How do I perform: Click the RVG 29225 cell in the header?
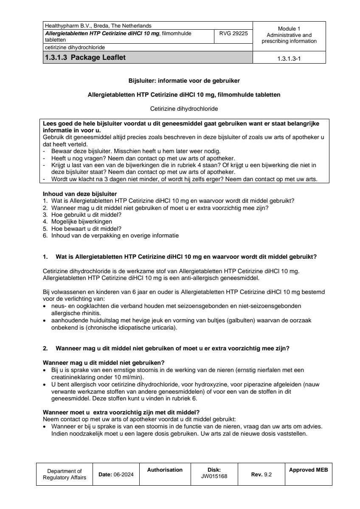click(x=233, y=33)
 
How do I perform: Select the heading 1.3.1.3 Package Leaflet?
click(x=85, y=58)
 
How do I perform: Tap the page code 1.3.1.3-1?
click(x=289, y=59)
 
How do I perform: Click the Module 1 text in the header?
click(x=289, y=28)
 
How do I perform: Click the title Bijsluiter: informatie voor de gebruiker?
click(x=184, y=80)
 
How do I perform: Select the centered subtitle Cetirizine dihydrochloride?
click(x=184, y=109)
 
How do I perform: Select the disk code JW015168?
click(x=214, y=476)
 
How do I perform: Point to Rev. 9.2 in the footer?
click(x=262, y=475)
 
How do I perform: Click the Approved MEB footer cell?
click(x=308, y=470)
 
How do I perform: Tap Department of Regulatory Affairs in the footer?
click(x=65, y=474)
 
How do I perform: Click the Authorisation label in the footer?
click(x=165, y=470)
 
